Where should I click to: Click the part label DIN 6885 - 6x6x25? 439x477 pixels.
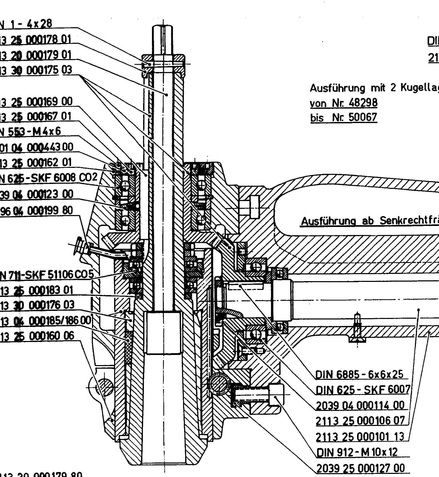click(x=359, y=375)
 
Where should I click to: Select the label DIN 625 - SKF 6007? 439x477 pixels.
click(x=363, y=390)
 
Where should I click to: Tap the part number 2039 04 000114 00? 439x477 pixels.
click(x=360, y=405)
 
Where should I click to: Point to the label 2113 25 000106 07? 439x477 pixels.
click(x=360, y=421)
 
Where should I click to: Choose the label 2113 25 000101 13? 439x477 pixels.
click(x=360, y=437)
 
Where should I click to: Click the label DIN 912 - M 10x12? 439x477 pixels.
click(x=357, y=452)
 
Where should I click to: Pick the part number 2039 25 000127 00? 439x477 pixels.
click(x=360, y=468)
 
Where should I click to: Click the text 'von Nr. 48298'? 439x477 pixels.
click(x=344, y=103)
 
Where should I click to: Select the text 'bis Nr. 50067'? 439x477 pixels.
click(x=344, y=117)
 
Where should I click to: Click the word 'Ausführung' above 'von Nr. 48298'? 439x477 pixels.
click(x=337, y=88)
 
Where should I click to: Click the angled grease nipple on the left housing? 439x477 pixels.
click(x=79, y=246)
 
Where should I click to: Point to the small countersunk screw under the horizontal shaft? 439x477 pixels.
click(x=358, y=329)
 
